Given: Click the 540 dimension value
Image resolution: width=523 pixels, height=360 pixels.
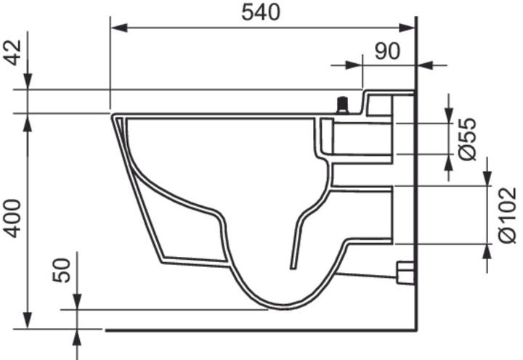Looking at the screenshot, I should click(261, 12).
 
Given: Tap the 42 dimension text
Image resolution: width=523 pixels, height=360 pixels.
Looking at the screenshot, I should click(12, 52).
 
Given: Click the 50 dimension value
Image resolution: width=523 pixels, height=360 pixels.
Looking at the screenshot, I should click(63, 269).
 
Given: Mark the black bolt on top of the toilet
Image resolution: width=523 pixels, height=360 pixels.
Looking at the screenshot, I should click(341, 107).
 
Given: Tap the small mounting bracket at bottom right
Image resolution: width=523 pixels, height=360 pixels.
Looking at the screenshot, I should click(405, 272).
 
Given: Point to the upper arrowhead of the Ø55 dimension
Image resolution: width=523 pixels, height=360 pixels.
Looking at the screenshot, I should click(449, 116).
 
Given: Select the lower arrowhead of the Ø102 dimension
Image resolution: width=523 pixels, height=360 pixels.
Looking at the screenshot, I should click(487, 251).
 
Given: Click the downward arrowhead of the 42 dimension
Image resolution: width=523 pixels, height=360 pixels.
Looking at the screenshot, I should click(27, 83).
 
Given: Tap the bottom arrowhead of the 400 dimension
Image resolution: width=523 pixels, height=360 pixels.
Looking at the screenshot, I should click(27, 321).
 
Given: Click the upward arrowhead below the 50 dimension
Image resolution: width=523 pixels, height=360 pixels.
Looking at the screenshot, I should click(78, 336).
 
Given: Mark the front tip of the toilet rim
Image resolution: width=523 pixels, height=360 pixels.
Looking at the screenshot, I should click(113, 116).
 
